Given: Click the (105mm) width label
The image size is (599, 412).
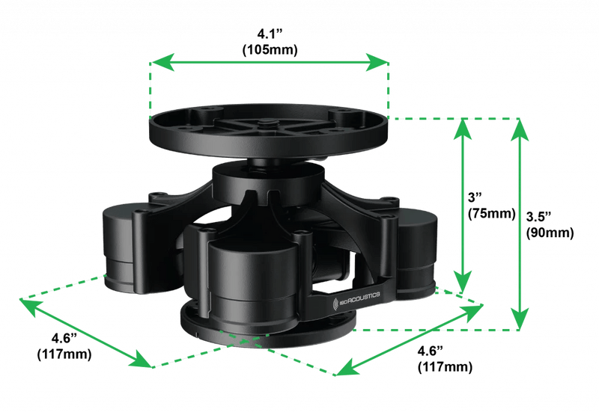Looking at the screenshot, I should [x=270, y=49].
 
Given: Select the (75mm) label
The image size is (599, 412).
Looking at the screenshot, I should [x=490, y=213].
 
